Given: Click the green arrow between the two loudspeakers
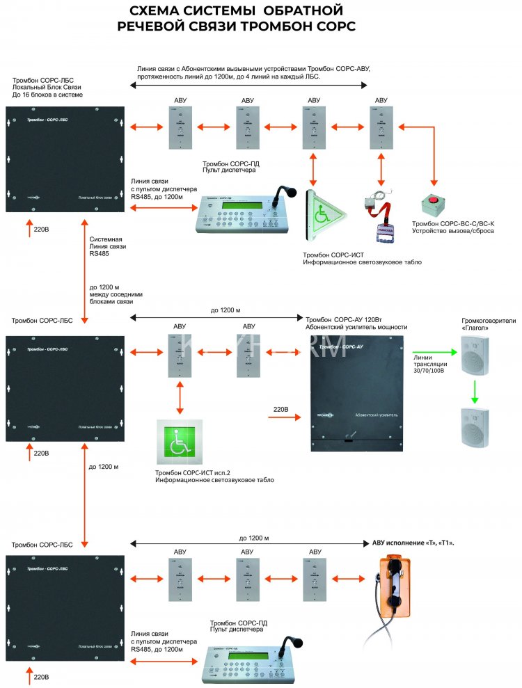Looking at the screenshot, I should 474,390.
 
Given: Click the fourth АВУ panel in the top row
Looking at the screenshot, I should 381,127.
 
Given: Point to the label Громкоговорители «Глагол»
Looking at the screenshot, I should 481,324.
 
